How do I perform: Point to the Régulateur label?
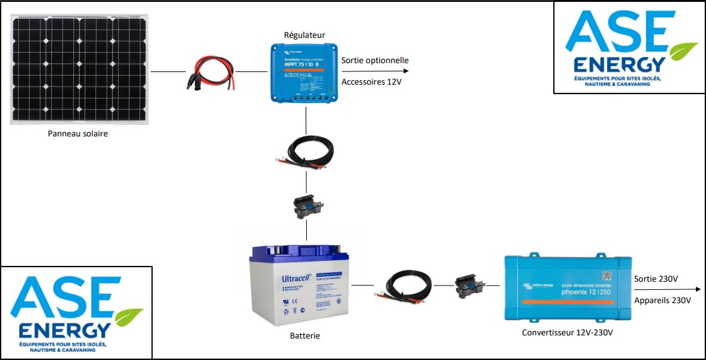pos(305,35)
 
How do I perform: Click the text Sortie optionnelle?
pos(375,61)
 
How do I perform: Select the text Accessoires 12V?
pos(371,82)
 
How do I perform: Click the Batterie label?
pos(305,335)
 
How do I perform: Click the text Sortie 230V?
pos(655,279)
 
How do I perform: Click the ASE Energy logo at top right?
pos(628,47)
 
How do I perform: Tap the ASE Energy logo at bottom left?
pos(76,312)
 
